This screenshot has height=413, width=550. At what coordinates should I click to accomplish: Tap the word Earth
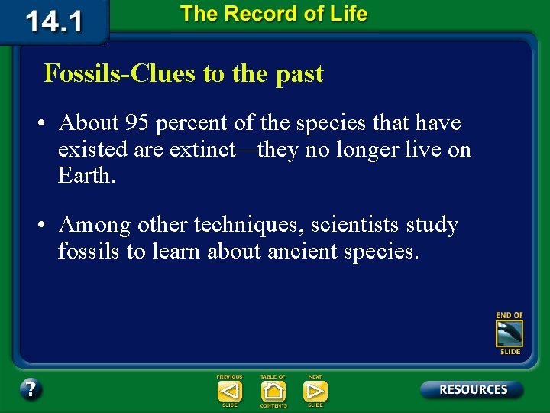tap(86, 175)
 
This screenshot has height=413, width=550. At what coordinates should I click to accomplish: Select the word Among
tap(95, 226)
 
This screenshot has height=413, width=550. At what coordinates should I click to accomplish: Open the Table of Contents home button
tap(273, 391)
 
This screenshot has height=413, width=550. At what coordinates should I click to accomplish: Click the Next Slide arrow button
tap(315, 391)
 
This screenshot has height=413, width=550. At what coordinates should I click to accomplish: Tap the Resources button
tap(472, 389)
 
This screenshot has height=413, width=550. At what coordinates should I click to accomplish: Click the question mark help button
tap(31, 389)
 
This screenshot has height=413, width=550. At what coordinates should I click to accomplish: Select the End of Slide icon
tap(509, 333)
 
